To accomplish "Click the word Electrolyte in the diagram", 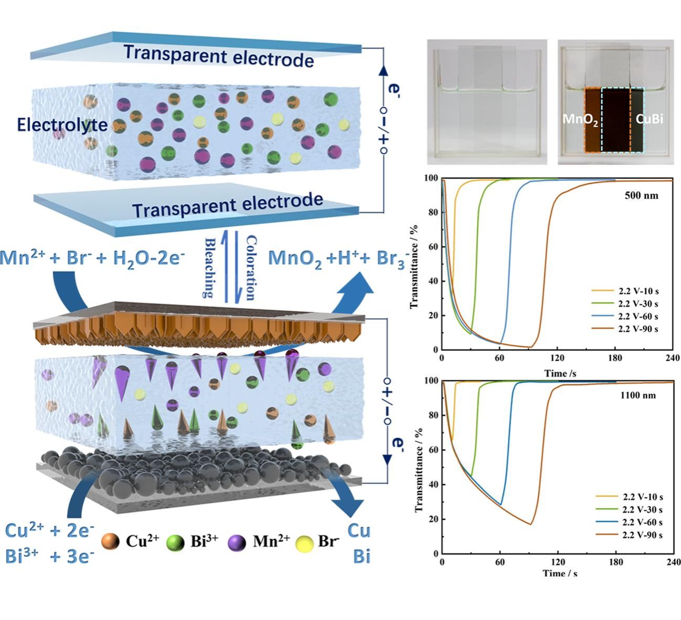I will [62, 125].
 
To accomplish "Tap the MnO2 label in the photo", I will [580, 119].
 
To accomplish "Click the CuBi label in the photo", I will [649, 119].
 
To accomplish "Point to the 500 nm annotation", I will [641, 196].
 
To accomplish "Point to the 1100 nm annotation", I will [639, 395].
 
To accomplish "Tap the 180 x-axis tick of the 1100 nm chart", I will [616, 562].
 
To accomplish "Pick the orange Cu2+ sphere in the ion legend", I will [110, 542].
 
